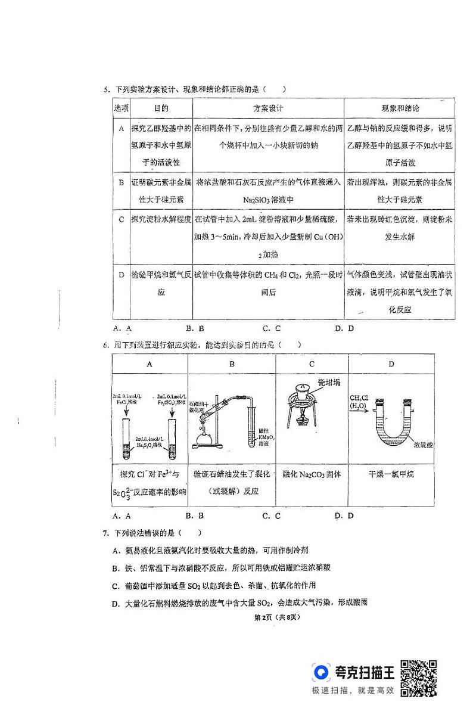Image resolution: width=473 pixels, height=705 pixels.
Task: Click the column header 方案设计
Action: click(268, 108)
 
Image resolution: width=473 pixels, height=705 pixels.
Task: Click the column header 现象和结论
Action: click(400, 108)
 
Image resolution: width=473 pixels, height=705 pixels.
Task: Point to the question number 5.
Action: click(105, 90)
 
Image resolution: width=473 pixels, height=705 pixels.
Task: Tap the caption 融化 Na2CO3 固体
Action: click(312, 474)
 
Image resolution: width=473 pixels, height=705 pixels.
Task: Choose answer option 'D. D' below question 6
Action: click(344, 515)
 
